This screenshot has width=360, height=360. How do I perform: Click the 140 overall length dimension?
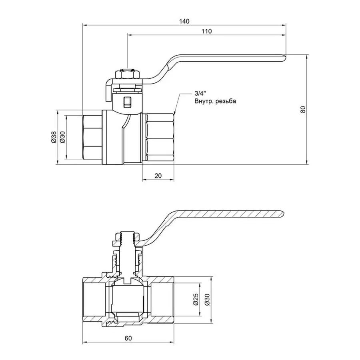(184, 21)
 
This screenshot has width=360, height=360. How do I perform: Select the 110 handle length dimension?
(206, 31)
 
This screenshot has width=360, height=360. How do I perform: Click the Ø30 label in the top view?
(62, 137)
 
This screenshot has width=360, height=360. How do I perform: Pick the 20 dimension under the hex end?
(158, 176)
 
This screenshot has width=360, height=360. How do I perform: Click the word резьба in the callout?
(226, 102)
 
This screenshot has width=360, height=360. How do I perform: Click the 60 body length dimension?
(128, 338)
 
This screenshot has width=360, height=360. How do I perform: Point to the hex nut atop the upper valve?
(127, 74)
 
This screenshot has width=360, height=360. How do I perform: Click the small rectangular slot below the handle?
(127, 102)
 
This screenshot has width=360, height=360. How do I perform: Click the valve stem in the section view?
(127, 256)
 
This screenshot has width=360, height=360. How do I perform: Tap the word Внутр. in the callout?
(204, 102)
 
